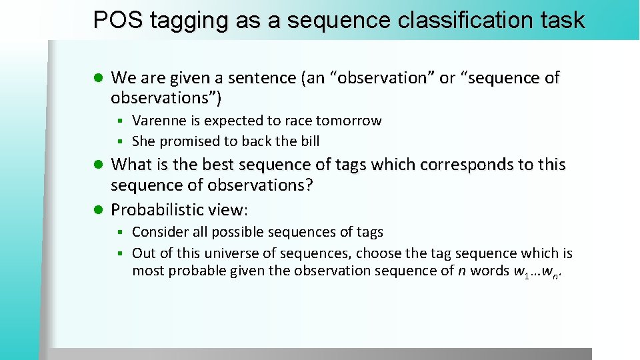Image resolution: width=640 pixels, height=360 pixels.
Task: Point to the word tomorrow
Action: (x=349, y=121)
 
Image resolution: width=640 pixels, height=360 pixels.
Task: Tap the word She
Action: (x=144, y=141)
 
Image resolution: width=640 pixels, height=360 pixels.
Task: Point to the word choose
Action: (x=381, y=253)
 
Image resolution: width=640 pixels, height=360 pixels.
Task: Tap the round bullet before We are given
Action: (x=97, y=78)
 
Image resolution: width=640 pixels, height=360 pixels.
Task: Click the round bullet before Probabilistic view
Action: (x=97, y=210)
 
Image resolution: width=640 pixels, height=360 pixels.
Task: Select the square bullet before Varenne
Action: (x=121, y=121)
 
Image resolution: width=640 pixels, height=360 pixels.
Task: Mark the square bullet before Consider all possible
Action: (x=121, y=233)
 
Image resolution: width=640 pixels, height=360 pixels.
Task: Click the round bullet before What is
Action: (x=97, y=164)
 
